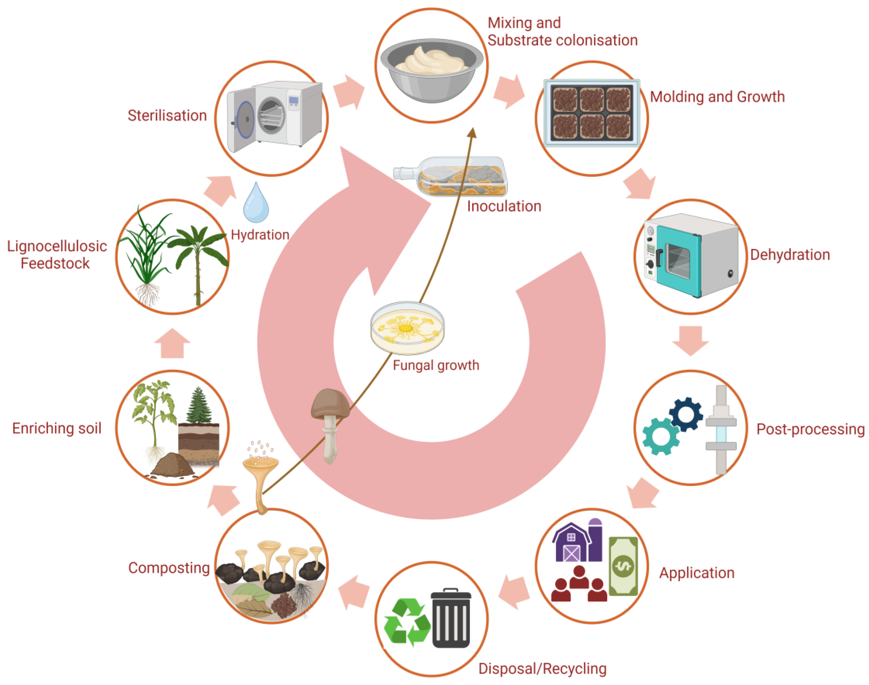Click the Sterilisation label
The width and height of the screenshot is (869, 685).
(x=167, y=116)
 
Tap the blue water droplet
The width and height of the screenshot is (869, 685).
(x=256, y=203)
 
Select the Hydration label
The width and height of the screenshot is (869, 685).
(x=260, y=235)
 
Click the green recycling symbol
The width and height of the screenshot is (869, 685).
(x=407, y=621)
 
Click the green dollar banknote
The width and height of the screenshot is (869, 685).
(x=623, y=566)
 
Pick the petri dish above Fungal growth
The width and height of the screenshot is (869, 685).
(x=407, y=328)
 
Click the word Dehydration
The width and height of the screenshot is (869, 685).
(x=789, y=255)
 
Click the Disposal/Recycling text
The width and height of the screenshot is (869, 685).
(x=542, y=668)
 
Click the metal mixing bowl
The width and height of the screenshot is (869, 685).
(x=432, y=70)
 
